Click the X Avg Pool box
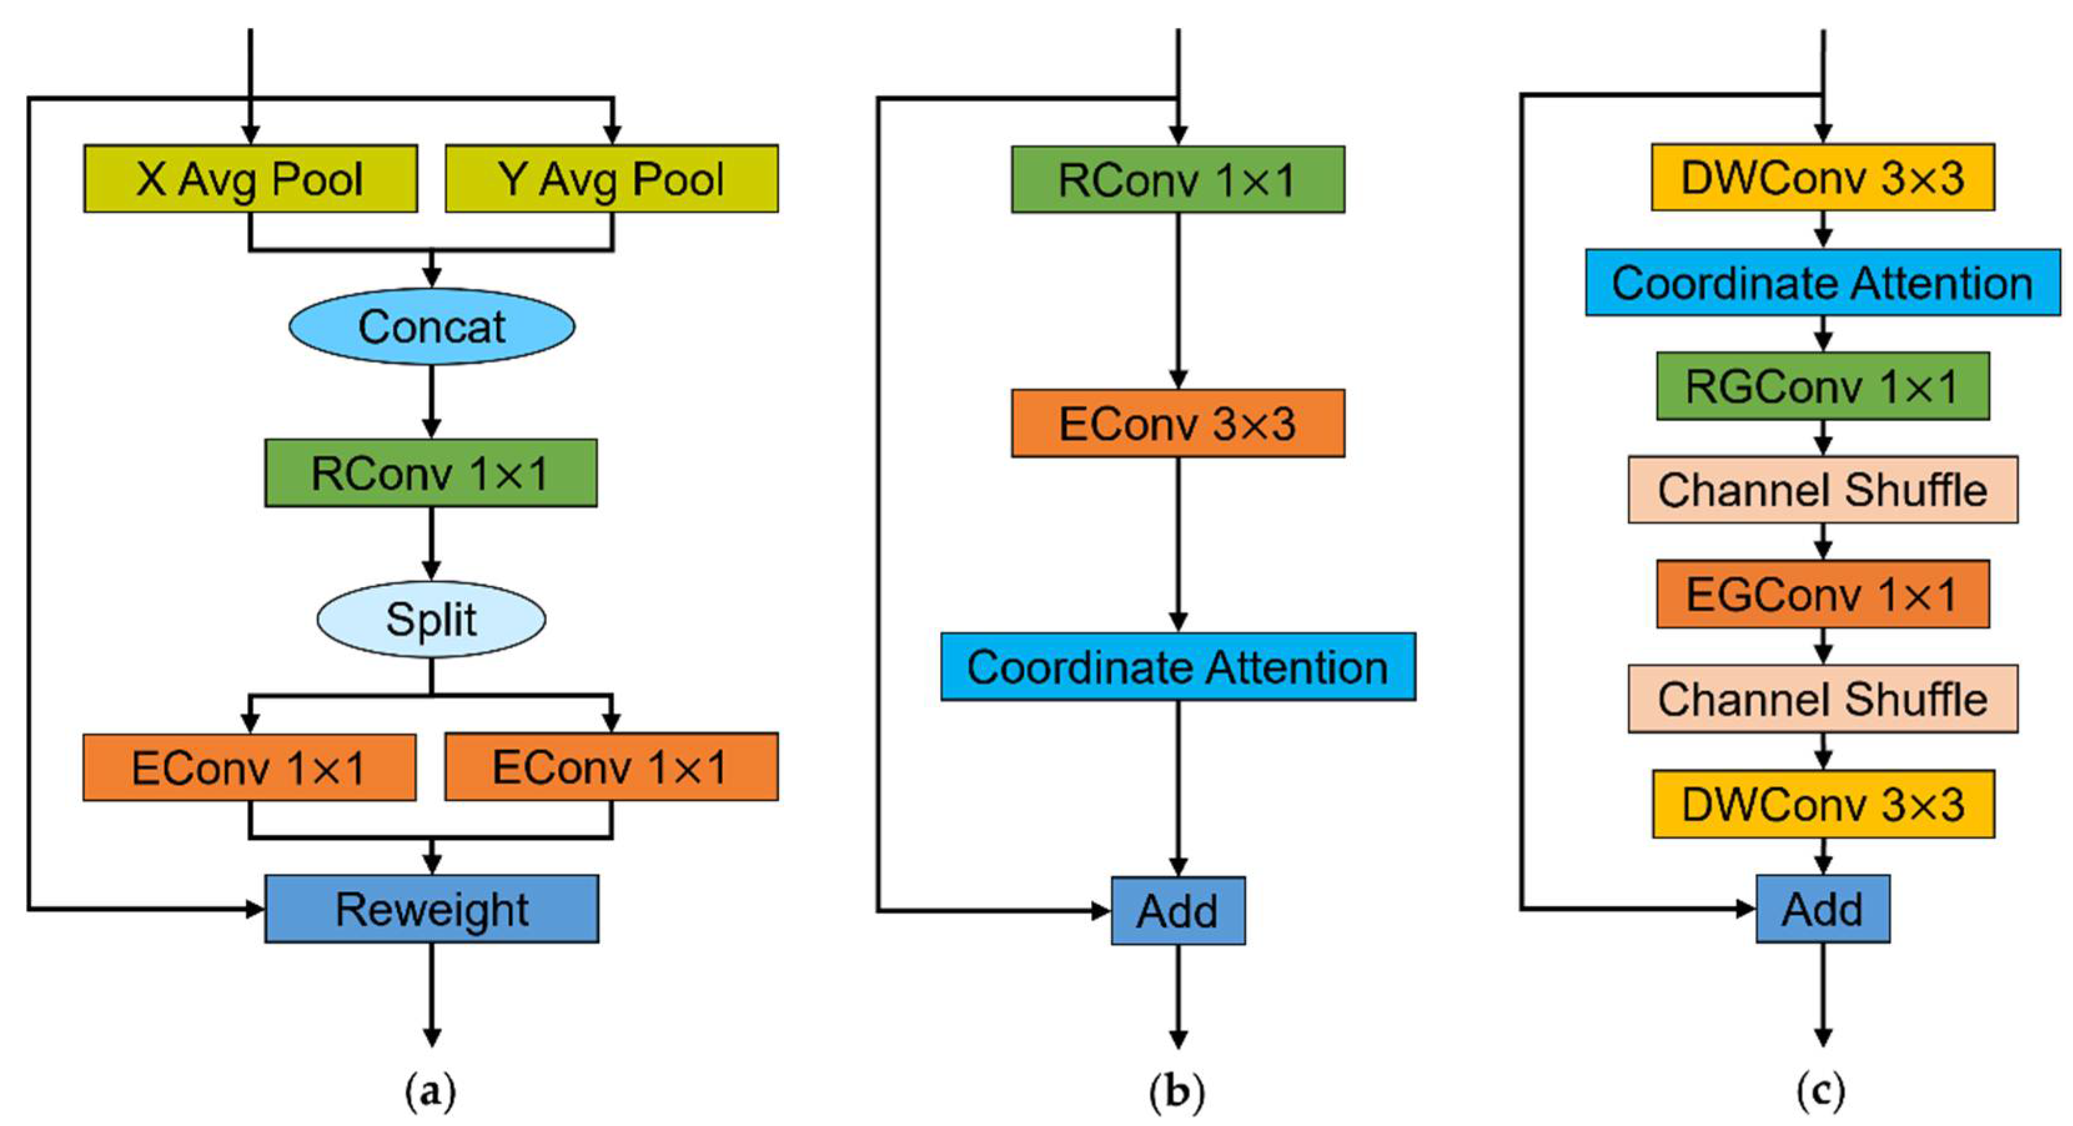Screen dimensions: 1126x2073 point(250,179)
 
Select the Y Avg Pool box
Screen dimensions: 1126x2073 point(612,179)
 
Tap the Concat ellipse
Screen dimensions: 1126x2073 point(432,327)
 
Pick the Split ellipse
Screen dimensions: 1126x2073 point(431,619)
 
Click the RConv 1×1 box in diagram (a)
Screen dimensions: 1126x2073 point(431,473)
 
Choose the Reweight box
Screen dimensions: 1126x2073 point(432,909)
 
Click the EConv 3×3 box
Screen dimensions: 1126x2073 point(1177,423)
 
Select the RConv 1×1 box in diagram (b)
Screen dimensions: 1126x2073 point(1177,179)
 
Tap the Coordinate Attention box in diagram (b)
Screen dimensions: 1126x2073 point(1178,667)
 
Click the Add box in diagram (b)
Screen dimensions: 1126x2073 point(1178,911)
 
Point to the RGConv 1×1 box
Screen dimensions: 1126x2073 point(1823,387)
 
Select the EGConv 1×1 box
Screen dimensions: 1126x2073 point(1823,595)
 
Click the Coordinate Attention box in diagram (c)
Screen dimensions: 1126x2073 point(1823,282)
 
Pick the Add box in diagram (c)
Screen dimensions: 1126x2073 point(1823,909)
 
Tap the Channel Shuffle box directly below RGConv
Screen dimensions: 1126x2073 point(1823,490)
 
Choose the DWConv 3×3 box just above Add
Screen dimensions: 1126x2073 point(1823,804)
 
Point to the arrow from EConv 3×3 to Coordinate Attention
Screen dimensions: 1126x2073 point(1178,545)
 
